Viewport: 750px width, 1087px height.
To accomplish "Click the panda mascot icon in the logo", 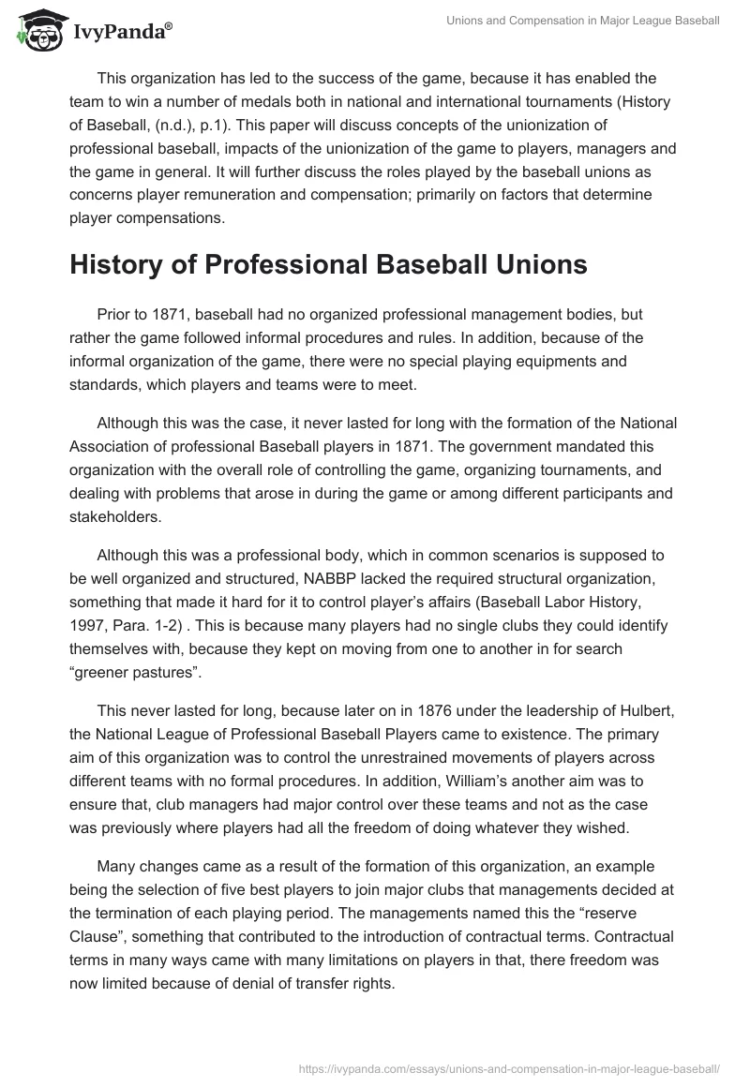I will click(35, 30).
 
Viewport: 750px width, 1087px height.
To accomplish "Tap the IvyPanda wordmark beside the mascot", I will click(121, 32).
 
